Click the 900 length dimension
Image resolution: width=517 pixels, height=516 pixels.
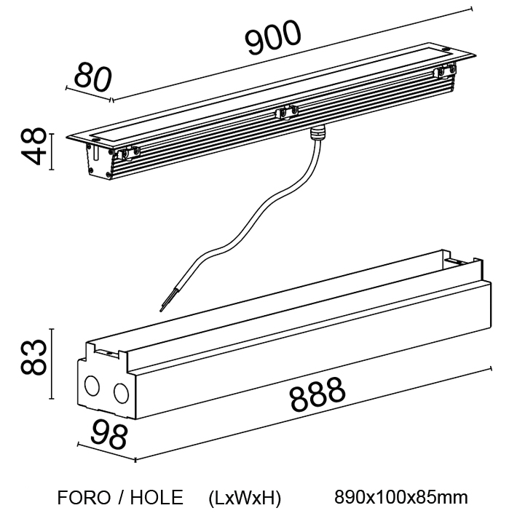click(x=273, y=38)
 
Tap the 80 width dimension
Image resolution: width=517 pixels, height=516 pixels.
click(x=93, y=78)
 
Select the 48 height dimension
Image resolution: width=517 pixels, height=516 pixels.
click(x=33, y=146)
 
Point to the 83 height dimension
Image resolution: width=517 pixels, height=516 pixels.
click(x=33, y=357)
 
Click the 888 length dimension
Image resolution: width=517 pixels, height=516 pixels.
click(x=317, y=394)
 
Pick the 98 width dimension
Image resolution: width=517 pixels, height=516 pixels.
click(x=108, y=435)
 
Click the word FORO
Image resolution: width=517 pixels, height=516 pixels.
click(x=84, y=497)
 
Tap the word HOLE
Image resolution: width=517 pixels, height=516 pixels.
click(x=157, y=497)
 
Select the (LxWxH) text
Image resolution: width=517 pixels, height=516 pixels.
click(x=245, y=498)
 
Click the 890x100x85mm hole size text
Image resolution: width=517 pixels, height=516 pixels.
click(x=401, y=497)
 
